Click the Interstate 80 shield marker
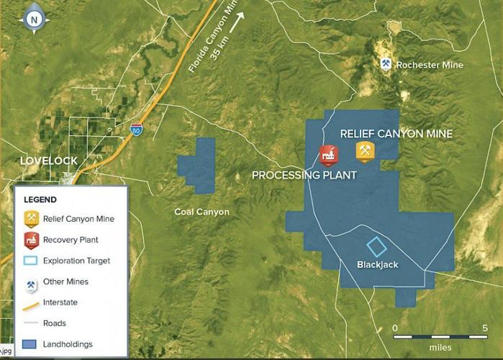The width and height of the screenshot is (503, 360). point(136,131)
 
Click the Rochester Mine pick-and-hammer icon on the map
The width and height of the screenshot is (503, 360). point(386,64)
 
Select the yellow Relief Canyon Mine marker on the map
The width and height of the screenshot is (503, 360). point(366,151)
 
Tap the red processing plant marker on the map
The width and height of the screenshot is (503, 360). point(328,155)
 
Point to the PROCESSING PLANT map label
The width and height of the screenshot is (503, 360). point(304,176)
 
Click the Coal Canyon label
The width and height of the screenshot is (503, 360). point(201,212)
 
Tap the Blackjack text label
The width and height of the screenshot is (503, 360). point(377,265)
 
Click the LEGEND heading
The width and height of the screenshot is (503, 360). point(40,199)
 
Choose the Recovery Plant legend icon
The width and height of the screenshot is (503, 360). point(31,240)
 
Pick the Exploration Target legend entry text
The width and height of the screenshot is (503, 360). point(76,261)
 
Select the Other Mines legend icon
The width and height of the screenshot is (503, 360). point(31,282)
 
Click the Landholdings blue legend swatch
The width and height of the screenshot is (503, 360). point(31,344)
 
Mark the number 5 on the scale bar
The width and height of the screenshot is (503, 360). point(485,328)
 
